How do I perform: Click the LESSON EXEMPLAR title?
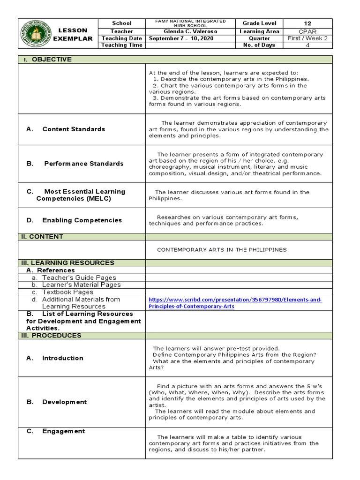click(73, 34)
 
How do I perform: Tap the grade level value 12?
click(307, 23)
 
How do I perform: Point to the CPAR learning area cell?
click(307, 31)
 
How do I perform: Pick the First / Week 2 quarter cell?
click(307, 38)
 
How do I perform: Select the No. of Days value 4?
click(307, 45)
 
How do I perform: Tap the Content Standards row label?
click(73, 129)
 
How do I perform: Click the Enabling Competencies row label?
click(82, 220)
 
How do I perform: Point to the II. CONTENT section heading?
click(42, 237)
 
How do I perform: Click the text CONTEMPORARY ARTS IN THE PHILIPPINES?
click(221, 250)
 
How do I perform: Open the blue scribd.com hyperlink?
click(235, 303)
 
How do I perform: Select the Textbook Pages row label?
click(67, 292)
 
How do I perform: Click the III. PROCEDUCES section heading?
click(51, 336)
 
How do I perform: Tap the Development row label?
click(64, 402)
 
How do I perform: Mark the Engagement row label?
click(63, 431)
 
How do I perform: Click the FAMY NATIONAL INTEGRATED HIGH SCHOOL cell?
click(190, 23)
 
